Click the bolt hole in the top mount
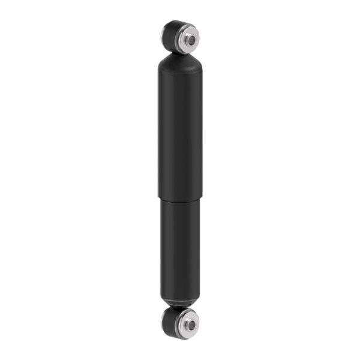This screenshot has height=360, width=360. click(x=190, y=40)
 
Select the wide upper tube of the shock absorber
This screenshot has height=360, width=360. click(x=180, y=132)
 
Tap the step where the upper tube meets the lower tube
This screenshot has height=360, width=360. click(x=180, y=198)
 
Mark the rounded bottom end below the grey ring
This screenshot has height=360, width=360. click(x=179, y=304)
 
